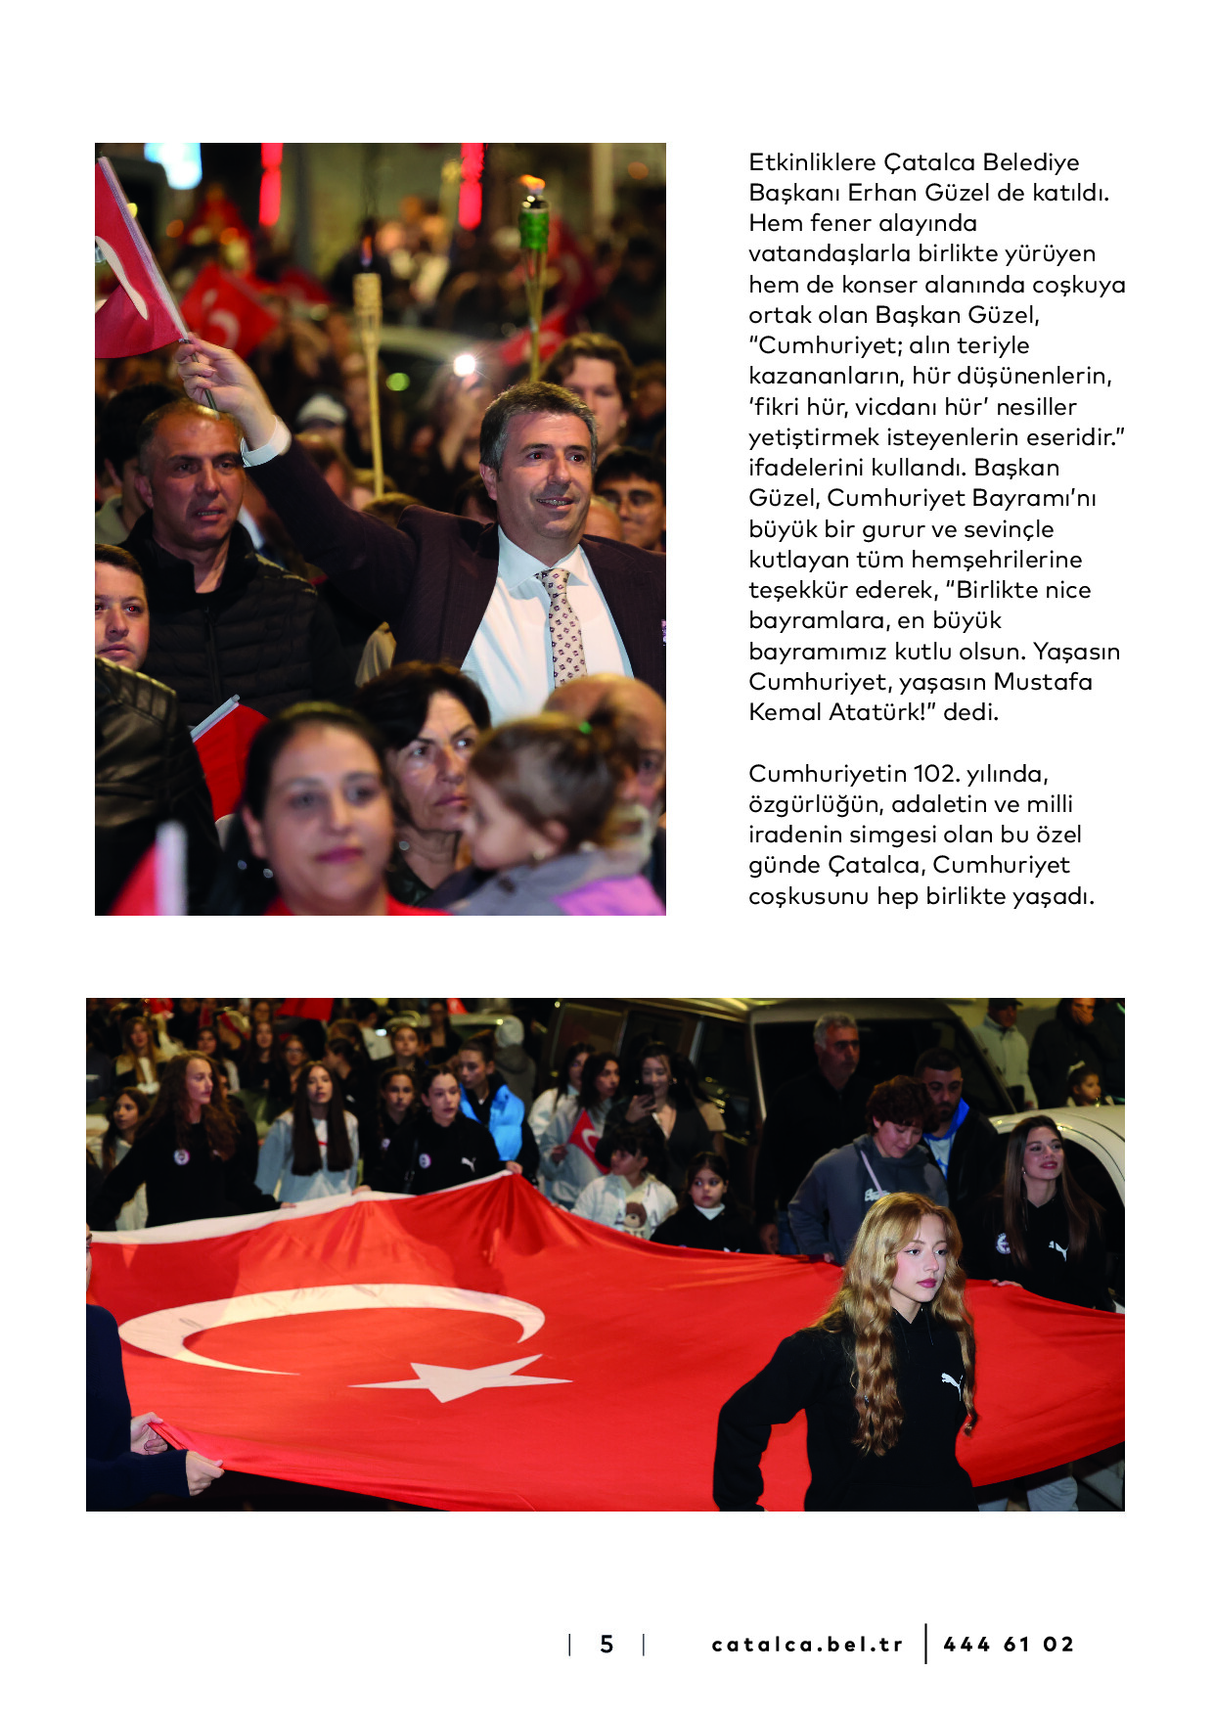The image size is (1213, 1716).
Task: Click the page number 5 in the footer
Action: tap(606, 1645)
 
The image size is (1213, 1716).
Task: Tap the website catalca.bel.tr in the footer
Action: tap(807, 1645)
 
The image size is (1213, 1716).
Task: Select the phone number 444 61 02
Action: tap(1009, 1645)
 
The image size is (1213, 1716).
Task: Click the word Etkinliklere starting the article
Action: tap(812, 162)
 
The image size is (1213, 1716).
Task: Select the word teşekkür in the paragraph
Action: tap(797, 590)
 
